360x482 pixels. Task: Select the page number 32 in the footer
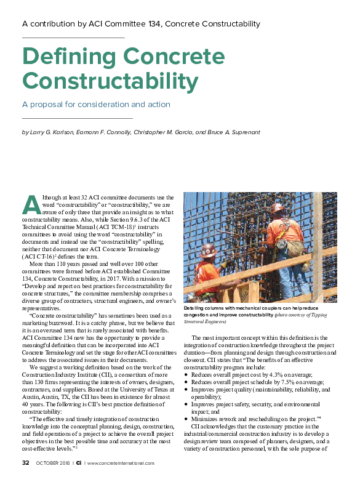click(x=26, y=463)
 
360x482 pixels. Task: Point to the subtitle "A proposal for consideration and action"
click(x=96, y=104)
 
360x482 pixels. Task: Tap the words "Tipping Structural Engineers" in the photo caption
click(x=320, y=318)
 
